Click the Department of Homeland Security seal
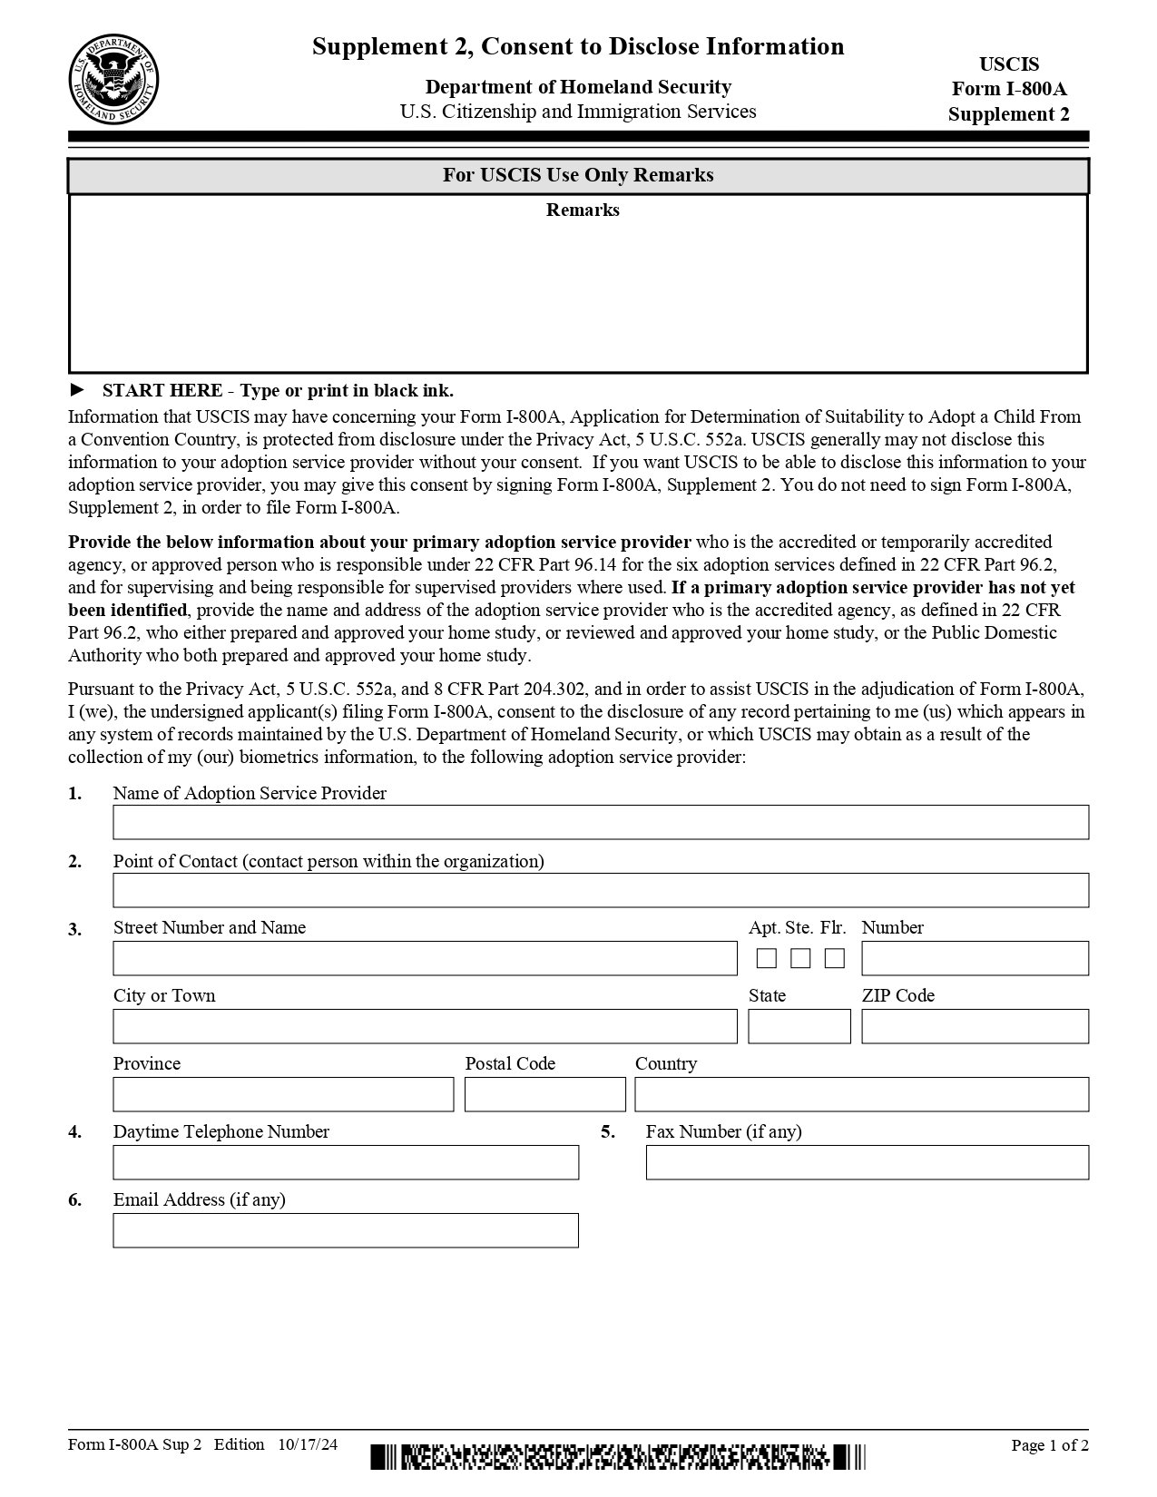tap(113, 80)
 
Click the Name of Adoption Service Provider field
tap(600, 822)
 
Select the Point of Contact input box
tap(600, 890)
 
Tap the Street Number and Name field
tap(425, 958)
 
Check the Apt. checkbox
tap(767, 958)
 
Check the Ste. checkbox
tap(800, 958)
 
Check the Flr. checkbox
tap(835, 958)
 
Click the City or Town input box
tap(425, 1026)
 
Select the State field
tap(799, 1026)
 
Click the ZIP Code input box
tap(975, 1026)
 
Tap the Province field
tap(283, 1094)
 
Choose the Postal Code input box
tap(544, 1094)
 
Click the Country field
tap(861, 1094)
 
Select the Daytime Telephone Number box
tap(346, 1162)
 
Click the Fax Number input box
tap(867, 1162)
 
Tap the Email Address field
tap(346, 1230)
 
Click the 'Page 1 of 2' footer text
tap(1050, 1445)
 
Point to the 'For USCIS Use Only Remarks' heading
tap(578, 175)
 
